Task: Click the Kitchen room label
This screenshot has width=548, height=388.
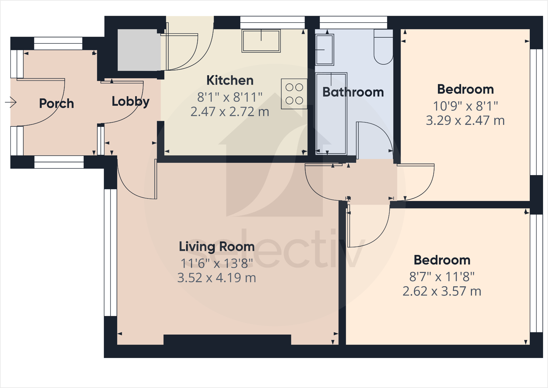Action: pyautogui.click(x=230, y=80)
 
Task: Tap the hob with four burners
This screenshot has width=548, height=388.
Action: pyautogui.click(x=294, y=94)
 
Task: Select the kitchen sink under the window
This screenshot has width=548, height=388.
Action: pyautogui.click(x=261, y=41)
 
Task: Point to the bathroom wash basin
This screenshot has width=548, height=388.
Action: pyautogui.click(x=324, y=50)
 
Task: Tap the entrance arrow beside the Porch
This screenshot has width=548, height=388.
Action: pyautogui.click(x=11, y=102)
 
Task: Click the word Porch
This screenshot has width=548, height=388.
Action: pyautogui.click(x=56, y=104)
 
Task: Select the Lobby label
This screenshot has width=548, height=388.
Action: pyautogui.click(x=131, y=101)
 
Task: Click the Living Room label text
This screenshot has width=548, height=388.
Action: pyautogui.click(x=217, y=246)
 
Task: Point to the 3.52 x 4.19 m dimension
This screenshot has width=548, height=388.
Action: pyautogui.click(x=217, y=278)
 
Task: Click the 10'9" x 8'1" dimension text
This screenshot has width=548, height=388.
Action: pyautogui.click(x=465, y=106)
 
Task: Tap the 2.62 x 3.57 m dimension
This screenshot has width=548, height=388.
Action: pyautogui.click(x=442, y=291)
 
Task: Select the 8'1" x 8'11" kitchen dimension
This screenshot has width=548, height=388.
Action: pyautogui.click(x=230, y=97)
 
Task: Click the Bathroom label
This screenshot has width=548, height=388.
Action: pyautogui.click(x=353, y=92)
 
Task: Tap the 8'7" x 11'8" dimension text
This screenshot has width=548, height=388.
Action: pyautogui.click(x=442, y=277)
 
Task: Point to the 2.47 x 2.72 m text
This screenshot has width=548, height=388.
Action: pyautogui.click(x=230, y=112)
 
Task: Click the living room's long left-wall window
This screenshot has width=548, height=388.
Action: pyautogui.click(x=110, y=252)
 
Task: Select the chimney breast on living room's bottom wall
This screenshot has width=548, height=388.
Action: pyautogui.click(x=227, y=340)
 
